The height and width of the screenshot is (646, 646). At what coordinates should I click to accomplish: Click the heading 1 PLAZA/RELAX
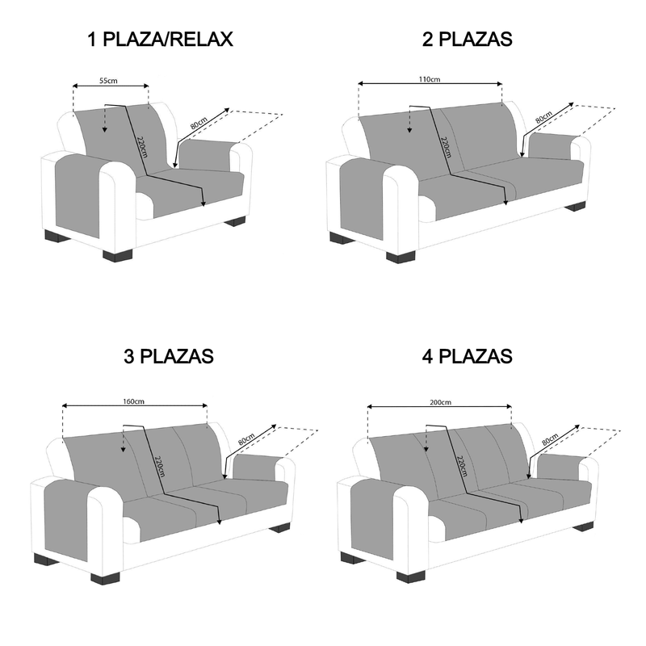160,40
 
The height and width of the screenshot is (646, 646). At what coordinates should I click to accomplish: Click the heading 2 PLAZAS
468,40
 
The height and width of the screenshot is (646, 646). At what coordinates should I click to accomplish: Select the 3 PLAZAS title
169,356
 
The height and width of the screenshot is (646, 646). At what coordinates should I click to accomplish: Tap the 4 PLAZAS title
468,356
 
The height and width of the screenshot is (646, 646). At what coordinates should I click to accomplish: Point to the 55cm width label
108,80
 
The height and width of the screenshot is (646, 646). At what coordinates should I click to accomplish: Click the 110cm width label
430,79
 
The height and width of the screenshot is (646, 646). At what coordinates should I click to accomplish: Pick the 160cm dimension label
134,401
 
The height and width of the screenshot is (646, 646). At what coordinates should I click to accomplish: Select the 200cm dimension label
440,402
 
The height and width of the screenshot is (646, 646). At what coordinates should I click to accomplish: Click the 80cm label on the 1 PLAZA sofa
199,123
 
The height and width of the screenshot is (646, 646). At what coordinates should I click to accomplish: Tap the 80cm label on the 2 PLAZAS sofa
543,117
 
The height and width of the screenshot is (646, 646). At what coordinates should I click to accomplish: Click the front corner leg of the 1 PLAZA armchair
117,255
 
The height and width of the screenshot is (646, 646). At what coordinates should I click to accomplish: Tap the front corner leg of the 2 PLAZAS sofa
401,257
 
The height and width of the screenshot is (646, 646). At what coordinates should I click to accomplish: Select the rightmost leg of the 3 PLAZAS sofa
279,528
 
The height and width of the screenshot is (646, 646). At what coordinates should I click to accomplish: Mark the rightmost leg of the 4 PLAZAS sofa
582,526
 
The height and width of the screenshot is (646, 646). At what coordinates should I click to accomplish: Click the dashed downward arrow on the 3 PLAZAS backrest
123,439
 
